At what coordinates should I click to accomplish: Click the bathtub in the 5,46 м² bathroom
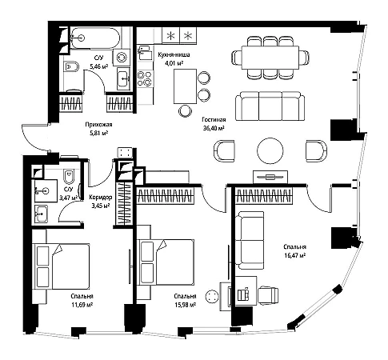click(94, 38)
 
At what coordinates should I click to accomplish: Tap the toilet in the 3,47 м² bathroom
click(69, 177)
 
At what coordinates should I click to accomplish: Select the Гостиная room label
click(214, 120)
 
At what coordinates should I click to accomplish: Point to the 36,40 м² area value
click(214, 128)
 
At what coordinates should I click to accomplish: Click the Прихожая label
click(98, 125)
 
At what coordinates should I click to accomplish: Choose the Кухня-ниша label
click(174, 54)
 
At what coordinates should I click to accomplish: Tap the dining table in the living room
click(270, 58)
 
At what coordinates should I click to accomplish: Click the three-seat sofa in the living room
click(270, 106)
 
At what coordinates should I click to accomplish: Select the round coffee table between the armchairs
click(270, 150)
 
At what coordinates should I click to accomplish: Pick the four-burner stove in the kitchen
click(144, 78)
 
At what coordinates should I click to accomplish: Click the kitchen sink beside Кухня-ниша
click(144, 52)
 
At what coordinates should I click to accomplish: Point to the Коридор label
click(101, 198)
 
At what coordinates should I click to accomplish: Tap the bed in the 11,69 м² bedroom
click(61, 266)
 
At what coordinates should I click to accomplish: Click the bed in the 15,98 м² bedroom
click(166, 262)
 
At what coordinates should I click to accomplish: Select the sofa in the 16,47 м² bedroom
click(250, 240)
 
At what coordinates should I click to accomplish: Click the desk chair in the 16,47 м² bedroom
click(268, 295)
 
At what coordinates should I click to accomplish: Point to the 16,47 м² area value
click(294, 255)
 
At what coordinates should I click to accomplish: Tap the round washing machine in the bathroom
click(122, 57)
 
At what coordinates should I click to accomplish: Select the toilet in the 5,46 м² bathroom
click(71, 66)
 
